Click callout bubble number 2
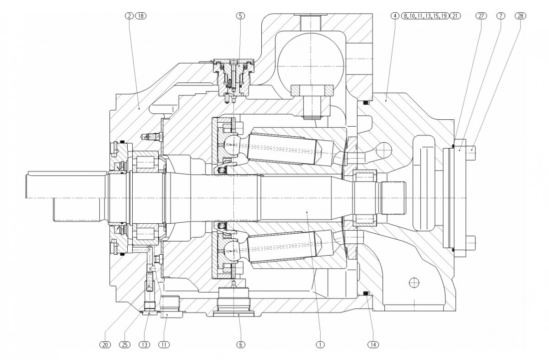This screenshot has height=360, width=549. (130, 16)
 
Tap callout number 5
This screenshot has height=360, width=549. (240, 16)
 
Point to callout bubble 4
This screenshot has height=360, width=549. (394, 16)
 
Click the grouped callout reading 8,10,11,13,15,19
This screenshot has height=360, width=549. (425, 16)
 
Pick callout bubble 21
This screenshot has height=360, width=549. (455, 16)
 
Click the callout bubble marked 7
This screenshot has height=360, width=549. (501, 16)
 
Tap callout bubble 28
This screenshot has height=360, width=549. (520, 16)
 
